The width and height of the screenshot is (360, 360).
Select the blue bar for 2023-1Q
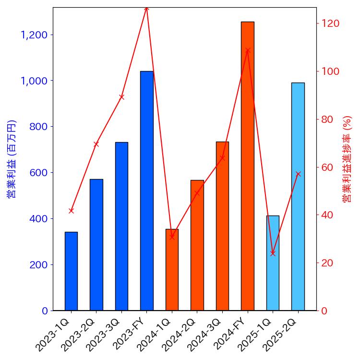pyautogui.click(x=71, y=271)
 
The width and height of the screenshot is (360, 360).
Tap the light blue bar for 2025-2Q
pyautogui.click(x=298, y=197)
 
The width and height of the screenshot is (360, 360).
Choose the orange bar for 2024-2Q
pyautogui.click(x=197, y=245)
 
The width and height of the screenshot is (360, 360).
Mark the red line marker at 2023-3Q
pyautogui.click(x=121, y=97)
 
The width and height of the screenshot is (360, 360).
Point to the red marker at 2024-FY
pyautogui.click(x=247, y=50)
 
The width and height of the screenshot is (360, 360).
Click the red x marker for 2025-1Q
pyautogui.click(x=273, y=253)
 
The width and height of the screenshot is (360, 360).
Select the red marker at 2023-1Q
pyautogui.click(x=71, y=211)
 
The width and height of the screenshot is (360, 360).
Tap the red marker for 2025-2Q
pyautogui.click(x=298, y=174)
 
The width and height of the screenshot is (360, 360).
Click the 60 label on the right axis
pyautogui.click(x=328, y=168)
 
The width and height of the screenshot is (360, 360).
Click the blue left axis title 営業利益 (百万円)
pyautogui.click(x=12, y=159)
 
